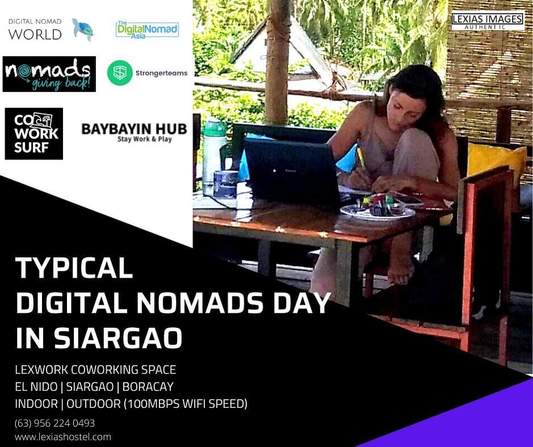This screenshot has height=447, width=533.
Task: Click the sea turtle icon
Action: tap(83, 30)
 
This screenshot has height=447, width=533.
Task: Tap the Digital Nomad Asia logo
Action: tap(147, 30)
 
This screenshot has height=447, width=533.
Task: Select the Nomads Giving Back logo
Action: tap(49, 74)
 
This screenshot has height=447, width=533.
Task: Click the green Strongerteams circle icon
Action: tap(120, 73)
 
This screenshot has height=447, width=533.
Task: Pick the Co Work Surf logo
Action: tap(34, 133)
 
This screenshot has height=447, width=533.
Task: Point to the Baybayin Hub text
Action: tap(135, 132)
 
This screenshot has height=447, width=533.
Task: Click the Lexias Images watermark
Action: tap(488, 21)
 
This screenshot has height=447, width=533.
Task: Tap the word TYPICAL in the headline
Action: tap(74, 268)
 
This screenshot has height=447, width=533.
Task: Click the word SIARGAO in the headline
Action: tap(117, 338)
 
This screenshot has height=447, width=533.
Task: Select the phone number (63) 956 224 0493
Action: tap(54, 423)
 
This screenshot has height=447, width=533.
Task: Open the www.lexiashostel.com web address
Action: tap(63, 437)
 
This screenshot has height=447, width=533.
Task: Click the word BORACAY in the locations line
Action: tap(148, 387)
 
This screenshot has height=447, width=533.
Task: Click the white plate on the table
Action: tap(377, 212)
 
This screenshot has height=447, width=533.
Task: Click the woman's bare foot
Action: tap(400, 269)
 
